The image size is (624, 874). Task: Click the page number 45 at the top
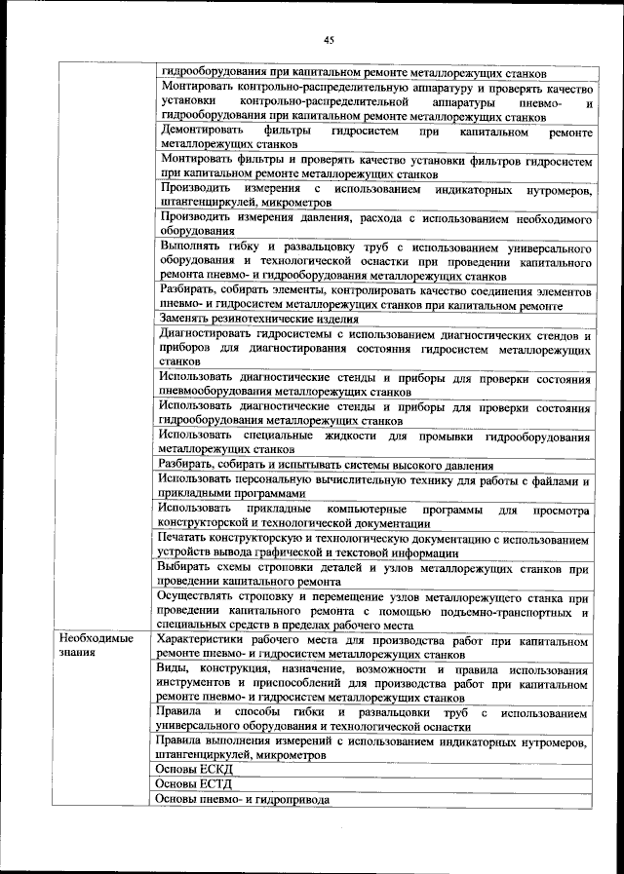coord(329,40)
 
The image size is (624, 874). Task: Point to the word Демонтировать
coord(202,131)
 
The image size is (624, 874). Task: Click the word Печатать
coord(185,538)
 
